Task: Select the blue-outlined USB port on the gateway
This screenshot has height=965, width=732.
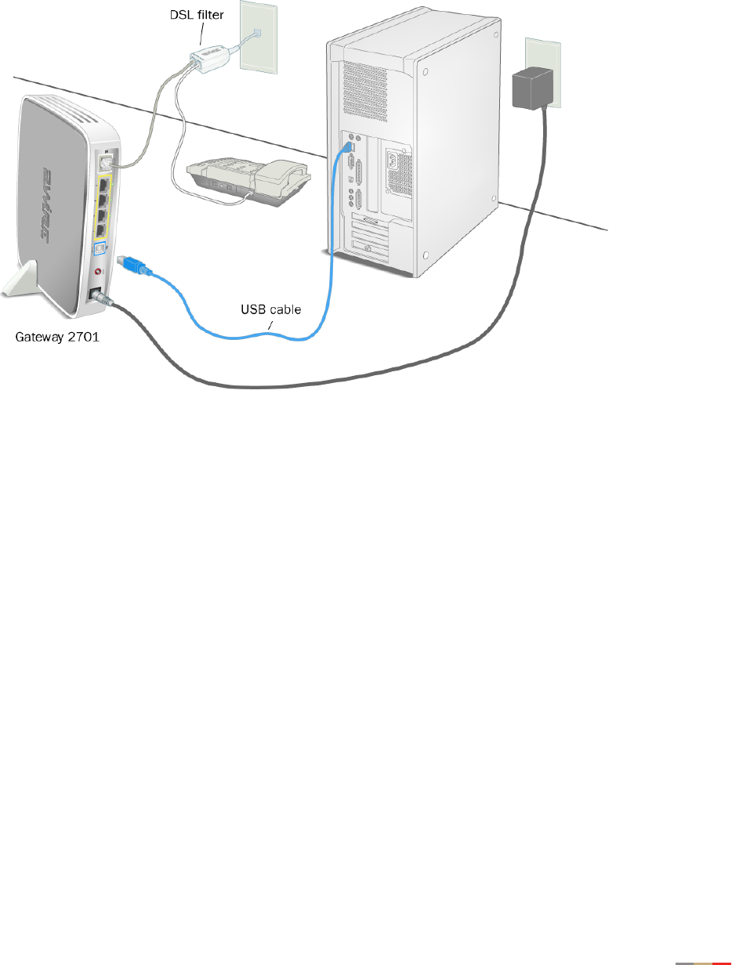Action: (x=99, y=249)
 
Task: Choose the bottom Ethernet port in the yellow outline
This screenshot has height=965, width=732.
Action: (x=101, y=230)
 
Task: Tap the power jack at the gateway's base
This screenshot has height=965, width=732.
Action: (x=96, y=295)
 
